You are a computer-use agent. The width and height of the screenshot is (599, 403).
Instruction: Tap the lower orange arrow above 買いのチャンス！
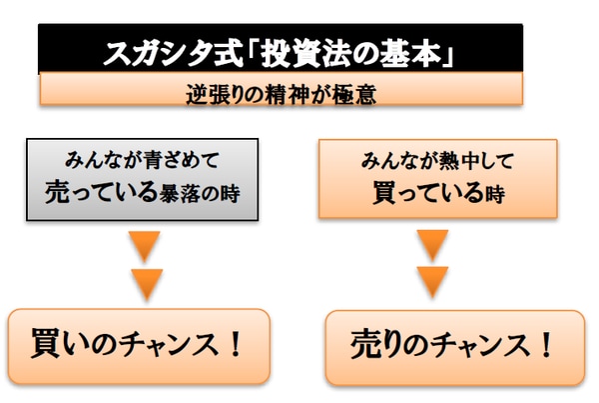tap(147, 282)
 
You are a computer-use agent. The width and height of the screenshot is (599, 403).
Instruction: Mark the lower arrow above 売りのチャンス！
tap(432, 282)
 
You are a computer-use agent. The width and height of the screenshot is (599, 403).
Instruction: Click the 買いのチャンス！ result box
tap(139, 346)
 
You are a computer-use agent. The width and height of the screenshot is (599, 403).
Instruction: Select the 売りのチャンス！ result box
tap(454, 346)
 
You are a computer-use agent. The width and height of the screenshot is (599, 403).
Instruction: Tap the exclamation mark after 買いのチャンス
tap(236, 346)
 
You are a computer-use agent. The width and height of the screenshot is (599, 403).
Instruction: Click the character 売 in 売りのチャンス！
tap(364, 346)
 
